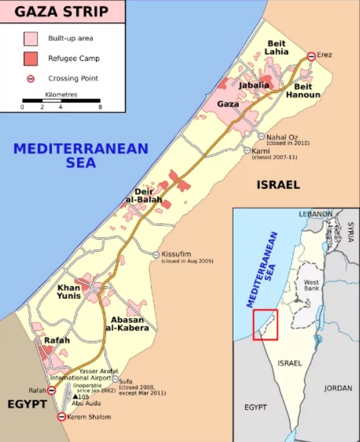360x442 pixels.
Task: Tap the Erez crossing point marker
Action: click(311, 56)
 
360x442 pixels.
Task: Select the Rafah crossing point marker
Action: click(52, 390)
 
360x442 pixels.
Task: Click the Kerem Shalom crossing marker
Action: click(62, 417)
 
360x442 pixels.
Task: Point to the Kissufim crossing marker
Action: click(156, 255)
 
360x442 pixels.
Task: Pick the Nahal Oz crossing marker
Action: click(261, 136)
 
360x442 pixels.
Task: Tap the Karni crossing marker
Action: click(247, 150)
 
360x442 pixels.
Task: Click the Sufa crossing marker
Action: click(116, 379)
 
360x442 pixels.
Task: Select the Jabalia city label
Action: click(254, 85)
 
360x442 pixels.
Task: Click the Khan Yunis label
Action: click(68, 291)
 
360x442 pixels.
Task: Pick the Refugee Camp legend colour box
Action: click(31, 58)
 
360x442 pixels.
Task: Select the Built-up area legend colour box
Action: click(31, 38)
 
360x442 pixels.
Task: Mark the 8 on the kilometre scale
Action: click(100, 106)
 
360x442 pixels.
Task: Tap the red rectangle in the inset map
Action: click(265, 325)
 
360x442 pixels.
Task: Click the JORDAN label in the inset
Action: click(338, 389)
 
